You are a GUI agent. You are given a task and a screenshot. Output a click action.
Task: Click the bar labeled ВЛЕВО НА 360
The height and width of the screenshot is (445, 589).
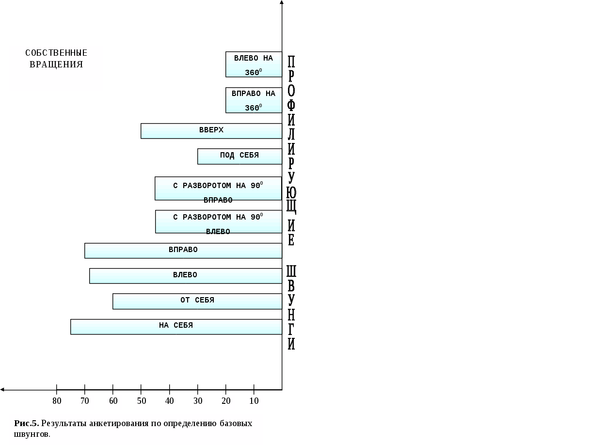[x=254, y=64]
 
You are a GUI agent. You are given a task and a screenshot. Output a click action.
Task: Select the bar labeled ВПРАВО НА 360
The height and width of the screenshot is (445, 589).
[x=254, y=100]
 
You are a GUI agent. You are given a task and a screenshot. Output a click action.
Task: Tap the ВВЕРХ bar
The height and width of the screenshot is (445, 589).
[x=211, y=131]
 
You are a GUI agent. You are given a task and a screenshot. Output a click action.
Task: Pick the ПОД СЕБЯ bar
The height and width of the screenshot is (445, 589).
[x=239, y=156]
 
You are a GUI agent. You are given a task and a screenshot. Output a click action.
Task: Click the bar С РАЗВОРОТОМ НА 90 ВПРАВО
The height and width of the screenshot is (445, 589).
[x=218, y=188]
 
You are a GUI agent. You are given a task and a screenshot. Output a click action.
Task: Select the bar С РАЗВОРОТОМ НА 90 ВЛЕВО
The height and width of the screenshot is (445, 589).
[x=218, y=222]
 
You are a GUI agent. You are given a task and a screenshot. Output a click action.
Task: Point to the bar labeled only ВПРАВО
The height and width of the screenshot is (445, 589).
[x=183, y=251]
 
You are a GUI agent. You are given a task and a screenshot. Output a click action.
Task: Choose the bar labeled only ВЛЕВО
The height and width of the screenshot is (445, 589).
[x=186, y=276]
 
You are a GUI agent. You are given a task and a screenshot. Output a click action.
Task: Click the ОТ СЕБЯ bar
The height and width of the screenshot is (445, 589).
[x=197, y=301]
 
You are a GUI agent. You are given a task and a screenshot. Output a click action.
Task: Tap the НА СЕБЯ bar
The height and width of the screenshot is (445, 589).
[x=176, y=326]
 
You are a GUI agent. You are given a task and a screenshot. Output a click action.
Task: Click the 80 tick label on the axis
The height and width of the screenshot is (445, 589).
[x=57, y=401]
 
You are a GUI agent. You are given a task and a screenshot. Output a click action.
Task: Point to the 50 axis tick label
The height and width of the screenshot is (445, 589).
[x=142, y=401]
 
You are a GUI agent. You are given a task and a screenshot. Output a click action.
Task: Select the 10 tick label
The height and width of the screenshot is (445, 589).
[x=254, y=401]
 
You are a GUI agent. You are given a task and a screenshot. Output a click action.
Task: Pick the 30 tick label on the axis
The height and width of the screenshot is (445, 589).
[x=198, y=401]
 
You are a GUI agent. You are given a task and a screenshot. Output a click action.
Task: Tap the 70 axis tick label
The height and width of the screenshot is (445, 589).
[x=85, y=401]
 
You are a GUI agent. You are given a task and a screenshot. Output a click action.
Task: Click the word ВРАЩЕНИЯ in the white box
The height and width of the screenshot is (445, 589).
[x=56, y=64]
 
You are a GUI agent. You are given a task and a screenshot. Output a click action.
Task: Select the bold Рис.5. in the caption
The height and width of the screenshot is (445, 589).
[x=26, y=423]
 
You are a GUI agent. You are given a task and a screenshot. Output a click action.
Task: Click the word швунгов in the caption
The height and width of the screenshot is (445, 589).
[x=31, y=434]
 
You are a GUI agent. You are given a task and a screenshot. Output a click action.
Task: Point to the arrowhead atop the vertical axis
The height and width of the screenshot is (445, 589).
[x=282, y=2]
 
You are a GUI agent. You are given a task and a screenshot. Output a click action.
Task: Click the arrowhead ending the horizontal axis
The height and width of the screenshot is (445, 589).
[x=2, y=389]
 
